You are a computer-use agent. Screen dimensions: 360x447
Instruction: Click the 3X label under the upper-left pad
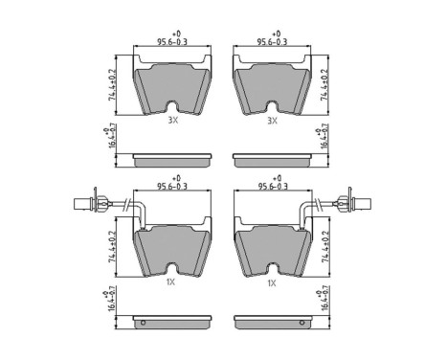[172, 122]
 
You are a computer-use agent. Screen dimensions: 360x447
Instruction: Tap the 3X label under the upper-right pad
[272, 122]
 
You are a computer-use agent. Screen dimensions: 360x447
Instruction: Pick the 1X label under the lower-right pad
[272, 282]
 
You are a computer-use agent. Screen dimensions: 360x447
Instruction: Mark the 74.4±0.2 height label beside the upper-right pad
[324, 83]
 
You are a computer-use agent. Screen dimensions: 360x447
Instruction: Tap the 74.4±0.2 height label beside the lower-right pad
[324, 245]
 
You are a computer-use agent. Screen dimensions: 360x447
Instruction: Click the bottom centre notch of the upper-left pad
[173, 107]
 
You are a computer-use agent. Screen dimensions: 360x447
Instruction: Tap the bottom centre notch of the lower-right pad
[274, 269]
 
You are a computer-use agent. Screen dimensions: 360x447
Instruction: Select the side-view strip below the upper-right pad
[274, 156]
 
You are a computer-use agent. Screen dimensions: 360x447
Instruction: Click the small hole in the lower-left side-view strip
[143, 322]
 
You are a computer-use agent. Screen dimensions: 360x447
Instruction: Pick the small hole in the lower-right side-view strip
[304, 322]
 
